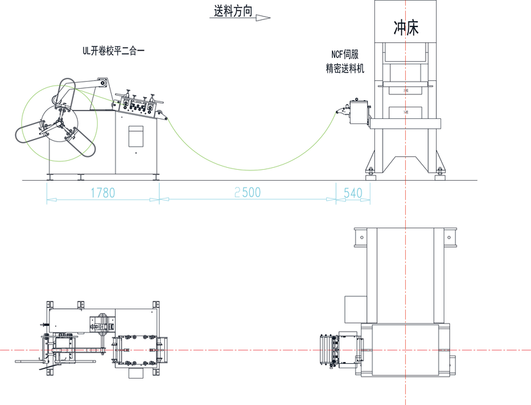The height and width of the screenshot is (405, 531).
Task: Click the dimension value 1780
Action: (x=103, y=192)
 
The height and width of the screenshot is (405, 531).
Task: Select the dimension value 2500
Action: (x=248, y=192)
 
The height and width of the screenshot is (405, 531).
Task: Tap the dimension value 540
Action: (x=353, y=192)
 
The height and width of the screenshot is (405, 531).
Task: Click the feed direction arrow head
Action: (x=264, y=18)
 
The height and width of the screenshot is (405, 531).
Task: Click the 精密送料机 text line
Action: (x=345, y=67)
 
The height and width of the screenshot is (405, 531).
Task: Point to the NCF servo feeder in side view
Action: (x=356, y=112)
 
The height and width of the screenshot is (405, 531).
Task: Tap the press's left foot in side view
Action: (x=370, y=171)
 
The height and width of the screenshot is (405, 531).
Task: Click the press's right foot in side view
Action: (x=440, y=171)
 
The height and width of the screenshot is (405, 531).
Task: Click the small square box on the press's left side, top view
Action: (x=353, y=309)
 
